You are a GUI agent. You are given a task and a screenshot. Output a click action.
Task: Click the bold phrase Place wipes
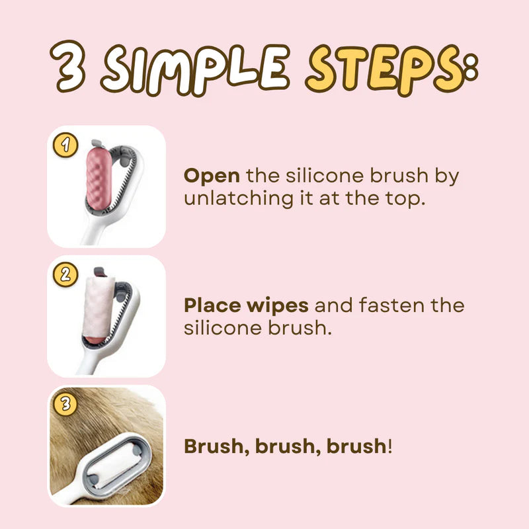246,305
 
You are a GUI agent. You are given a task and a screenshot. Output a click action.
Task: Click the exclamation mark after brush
390,446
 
